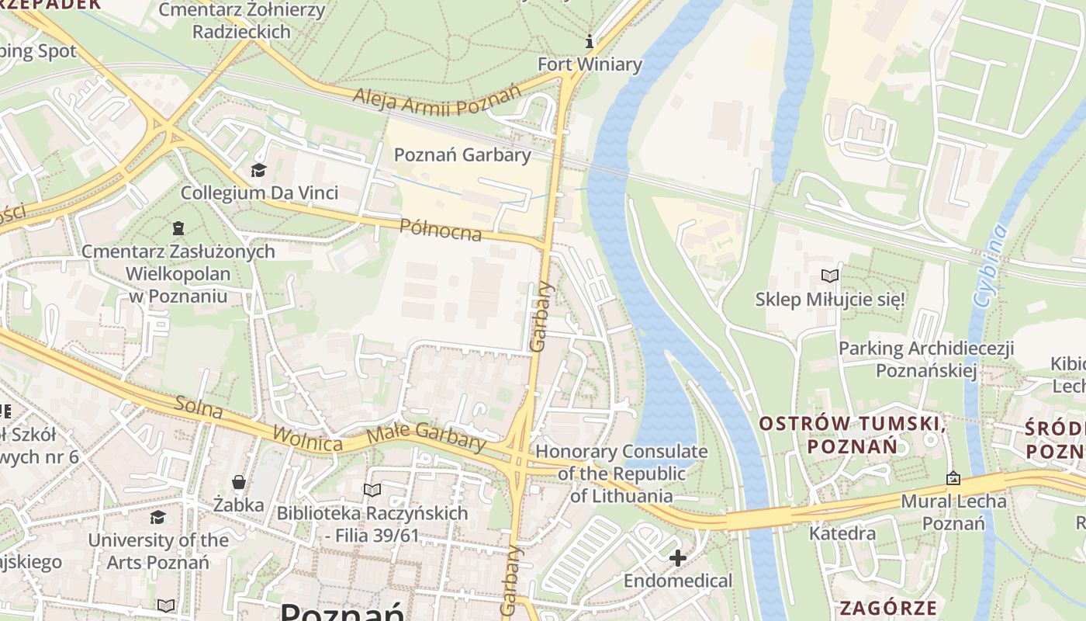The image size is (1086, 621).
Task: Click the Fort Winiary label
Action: (x=590, y=64)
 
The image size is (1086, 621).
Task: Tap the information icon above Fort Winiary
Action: (x=590, y=40)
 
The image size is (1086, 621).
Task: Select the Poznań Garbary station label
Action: (x=462, y=154)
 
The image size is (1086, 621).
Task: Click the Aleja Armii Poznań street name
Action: (x=437, y=99)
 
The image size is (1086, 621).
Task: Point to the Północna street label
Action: (x=440, y=230)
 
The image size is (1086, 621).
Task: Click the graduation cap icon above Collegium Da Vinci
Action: (x=258, y=170)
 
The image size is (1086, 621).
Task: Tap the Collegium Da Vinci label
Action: (x=259, y=193)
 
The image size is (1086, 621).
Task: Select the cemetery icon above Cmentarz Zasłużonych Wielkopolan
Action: (x=178, y=228)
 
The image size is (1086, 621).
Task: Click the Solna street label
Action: (x=199, y=408)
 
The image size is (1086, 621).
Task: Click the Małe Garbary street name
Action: (x=426, y=436)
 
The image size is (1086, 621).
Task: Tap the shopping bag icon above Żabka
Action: (x=239, y=482)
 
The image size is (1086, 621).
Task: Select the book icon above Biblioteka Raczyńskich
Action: (x=372, y=490)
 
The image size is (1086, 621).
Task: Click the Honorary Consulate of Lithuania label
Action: (x=621, y=474)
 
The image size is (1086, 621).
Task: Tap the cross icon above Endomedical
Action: (x=678, y=557)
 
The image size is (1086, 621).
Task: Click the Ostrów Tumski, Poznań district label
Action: (x=852, y=435)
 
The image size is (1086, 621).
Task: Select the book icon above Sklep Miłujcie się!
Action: (x=830, y=276)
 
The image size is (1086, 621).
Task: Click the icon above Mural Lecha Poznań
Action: (x=953, y=478)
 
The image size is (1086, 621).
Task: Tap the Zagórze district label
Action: (x=887, y=608)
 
